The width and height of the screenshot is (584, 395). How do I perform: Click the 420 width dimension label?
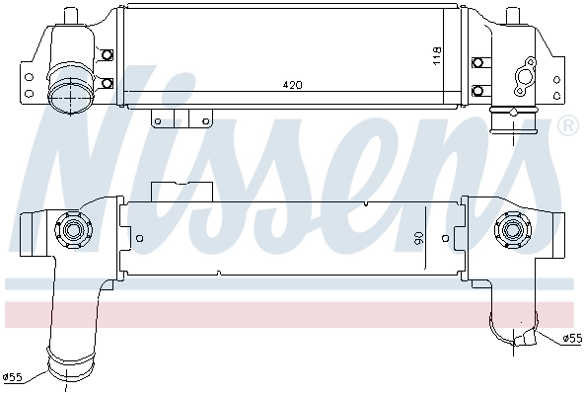tap(292, 86)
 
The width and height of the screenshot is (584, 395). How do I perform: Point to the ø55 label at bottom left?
tap(13, 376)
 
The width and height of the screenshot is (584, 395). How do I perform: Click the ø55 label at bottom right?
tap(571, 339)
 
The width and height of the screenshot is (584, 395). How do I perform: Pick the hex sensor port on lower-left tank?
tap(71, 233)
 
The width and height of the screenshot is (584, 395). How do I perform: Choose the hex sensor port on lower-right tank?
tap(513, 233)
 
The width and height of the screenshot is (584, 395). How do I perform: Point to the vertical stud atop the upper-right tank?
tap(514, 17)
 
